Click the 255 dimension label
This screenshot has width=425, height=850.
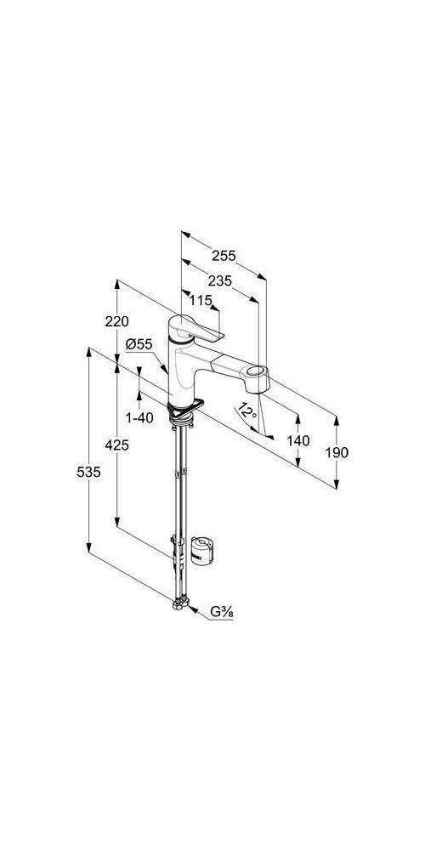(224, 255)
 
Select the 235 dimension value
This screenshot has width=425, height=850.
(219, 280)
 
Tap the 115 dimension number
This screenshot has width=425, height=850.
(201, 300)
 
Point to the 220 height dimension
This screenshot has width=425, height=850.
(117, 321)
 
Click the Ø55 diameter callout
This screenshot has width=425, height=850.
(139, 343)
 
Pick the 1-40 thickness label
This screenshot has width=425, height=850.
(139, 417)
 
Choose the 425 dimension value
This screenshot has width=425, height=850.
(117, 445)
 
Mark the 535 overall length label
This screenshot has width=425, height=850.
(89, 472)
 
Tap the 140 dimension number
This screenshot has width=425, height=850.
(298, 440)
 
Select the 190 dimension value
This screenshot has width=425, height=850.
(337, 452)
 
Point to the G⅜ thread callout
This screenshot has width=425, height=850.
(222, 613)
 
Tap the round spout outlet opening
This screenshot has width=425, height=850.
(256, 372)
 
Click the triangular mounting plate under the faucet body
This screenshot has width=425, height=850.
(184, 410)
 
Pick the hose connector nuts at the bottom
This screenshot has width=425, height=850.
(180, 603)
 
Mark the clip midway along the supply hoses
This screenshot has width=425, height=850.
(180, 472)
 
